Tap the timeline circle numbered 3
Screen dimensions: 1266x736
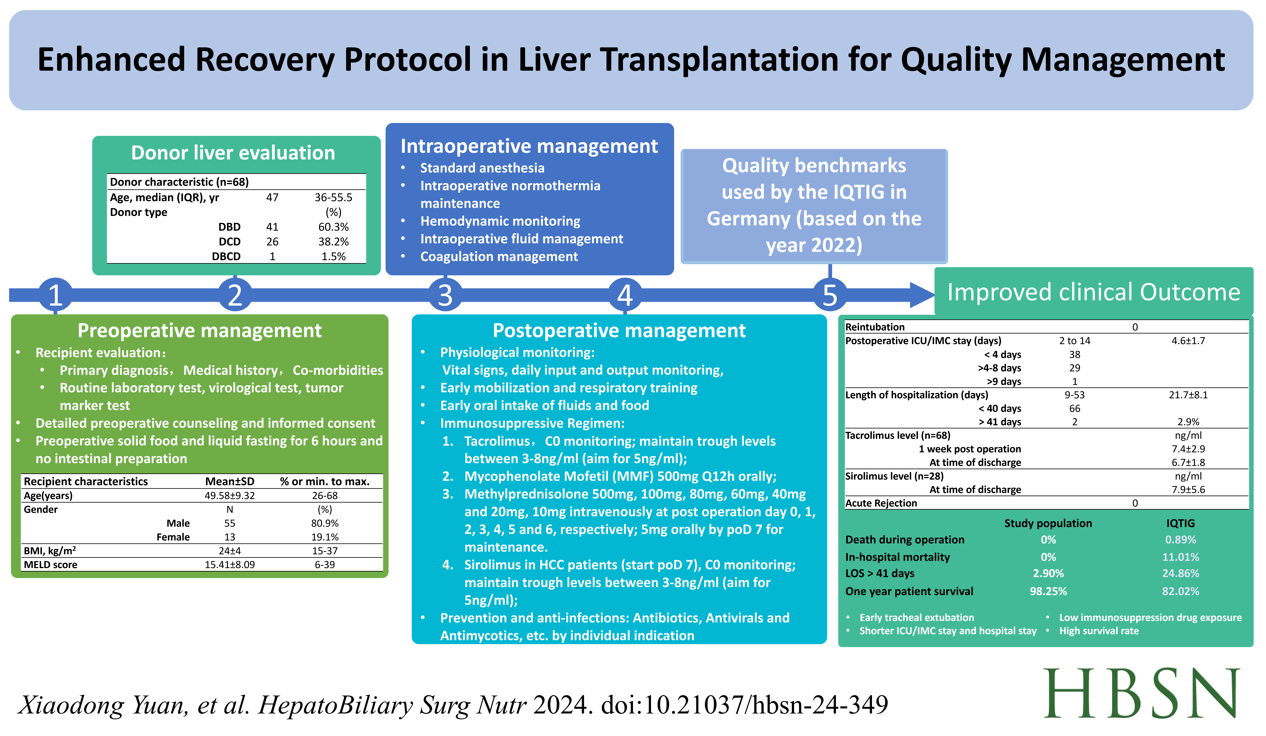445,295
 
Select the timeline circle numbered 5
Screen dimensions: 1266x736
830,295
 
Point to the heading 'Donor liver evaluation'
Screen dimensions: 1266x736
233,153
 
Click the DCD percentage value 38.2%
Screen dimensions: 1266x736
334,242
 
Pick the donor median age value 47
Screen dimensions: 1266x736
272,197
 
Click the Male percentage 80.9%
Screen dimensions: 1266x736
325,523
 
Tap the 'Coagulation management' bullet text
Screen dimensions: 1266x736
499,257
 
